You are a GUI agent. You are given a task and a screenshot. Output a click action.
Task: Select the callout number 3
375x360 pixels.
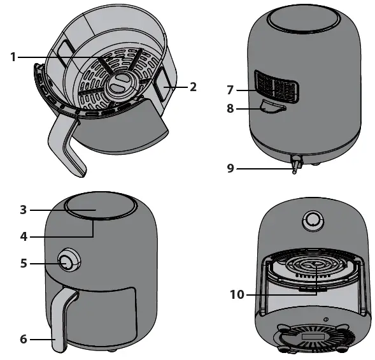pyautogui.click(x=22, y=209)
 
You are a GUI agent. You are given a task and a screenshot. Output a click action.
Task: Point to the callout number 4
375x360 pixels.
pyautogui.click(x=22, y=236)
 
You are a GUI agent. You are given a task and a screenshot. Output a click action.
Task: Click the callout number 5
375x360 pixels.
pyautogui.click(x=23, y=262)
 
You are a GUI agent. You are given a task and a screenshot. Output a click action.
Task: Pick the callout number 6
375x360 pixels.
pyautogui.click(x=23, y=340)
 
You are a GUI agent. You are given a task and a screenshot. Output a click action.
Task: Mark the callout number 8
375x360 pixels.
pyautogui.click(x=231, y=109)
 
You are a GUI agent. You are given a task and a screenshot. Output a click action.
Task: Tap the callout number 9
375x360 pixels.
pyautogui.click(x=231, y=168)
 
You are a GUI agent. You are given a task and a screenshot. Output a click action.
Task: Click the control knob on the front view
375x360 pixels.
pyautogui.click(x=67, y=262)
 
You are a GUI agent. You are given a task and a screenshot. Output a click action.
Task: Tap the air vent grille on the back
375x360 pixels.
pyautogui.click(x=278, y=87)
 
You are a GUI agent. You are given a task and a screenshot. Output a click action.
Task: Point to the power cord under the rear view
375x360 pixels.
pyautogui.click(x=295, y=164)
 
